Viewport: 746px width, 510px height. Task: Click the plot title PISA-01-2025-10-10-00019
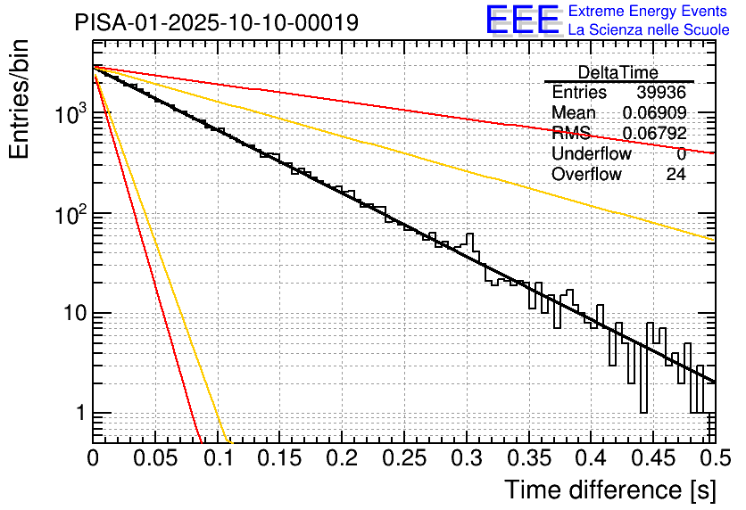217,22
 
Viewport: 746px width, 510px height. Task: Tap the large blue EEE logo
523,20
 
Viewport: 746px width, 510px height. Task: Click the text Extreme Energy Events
649,12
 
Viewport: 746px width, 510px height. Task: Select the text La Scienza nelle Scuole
649,30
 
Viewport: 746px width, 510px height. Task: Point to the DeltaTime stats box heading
618,72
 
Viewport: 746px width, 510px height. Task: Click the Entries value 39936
661,93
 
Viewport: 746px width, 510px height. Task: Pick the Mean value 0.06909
654,113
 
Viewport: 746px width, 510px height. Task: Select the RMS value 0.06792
654,134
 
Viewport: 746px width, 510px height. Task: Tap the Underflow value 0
681,154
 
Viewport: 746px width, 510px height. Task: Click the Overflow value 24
676,175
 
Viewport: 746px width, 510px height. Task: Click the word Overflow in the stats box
585,175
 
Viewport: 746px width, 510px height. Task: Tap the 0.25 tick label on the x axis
403,460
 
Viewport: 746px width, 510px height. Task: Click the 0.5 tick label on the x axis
714,460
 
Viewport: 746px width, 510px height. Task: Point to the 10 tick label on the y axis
70,314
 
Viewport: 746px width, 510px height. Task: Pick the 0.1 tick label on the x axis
217,460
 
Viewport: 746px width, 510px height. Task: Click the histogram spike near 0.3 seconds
471,239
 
